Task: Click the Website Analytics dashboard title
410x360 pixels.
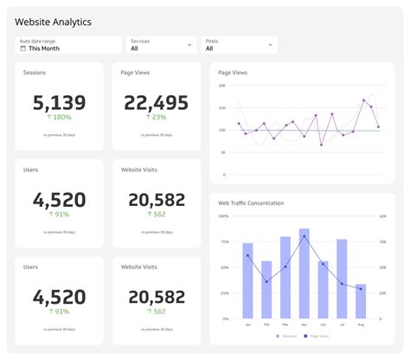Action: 54,21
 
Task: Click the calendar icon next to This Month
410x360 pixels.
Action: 23,48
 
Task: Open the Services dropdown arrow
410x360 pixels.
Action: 189,45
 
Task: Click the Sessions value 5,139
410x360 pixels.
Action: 59,103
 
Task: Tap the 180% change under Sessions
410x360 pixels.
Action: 59,118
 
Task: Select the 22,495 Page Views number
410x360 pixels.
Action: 157,103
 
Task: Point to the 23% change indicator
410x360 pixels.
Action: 157,118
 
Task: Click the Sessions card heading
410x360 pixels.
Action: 35,73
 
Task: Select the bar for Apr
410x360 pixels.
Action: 304,273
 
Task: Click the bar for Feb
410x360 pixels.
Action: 266,290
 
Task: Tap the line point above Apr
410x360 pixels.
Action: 304,236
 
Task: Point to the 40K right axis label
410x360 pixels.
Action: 381,216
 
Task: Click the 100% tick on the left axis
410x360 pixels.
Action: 224,216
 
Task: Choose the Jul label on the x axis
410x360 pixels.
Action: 342,325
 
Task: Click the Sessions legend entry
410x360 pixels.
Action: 285,336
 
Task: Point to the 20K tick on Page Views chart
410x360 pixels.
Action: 222,87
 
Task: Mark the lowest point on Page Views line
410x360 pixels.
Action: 321,145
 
